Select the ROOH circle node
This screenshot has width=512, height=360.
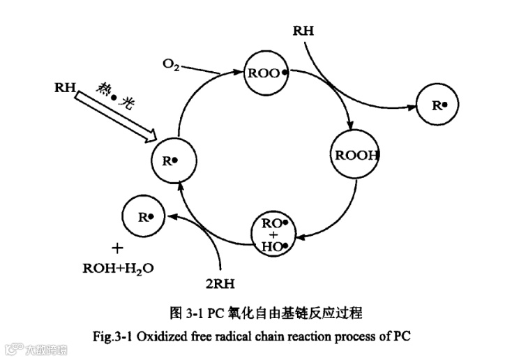[354, 155]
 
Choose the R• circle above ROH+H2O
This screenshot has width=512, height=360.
[144, 218]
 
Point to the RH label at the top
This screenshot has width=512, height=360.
[303, 31]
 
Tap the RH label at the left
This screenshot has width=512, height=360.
[64, 87]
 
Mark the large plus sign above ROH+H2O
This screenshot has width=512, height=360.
[118, 248]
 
